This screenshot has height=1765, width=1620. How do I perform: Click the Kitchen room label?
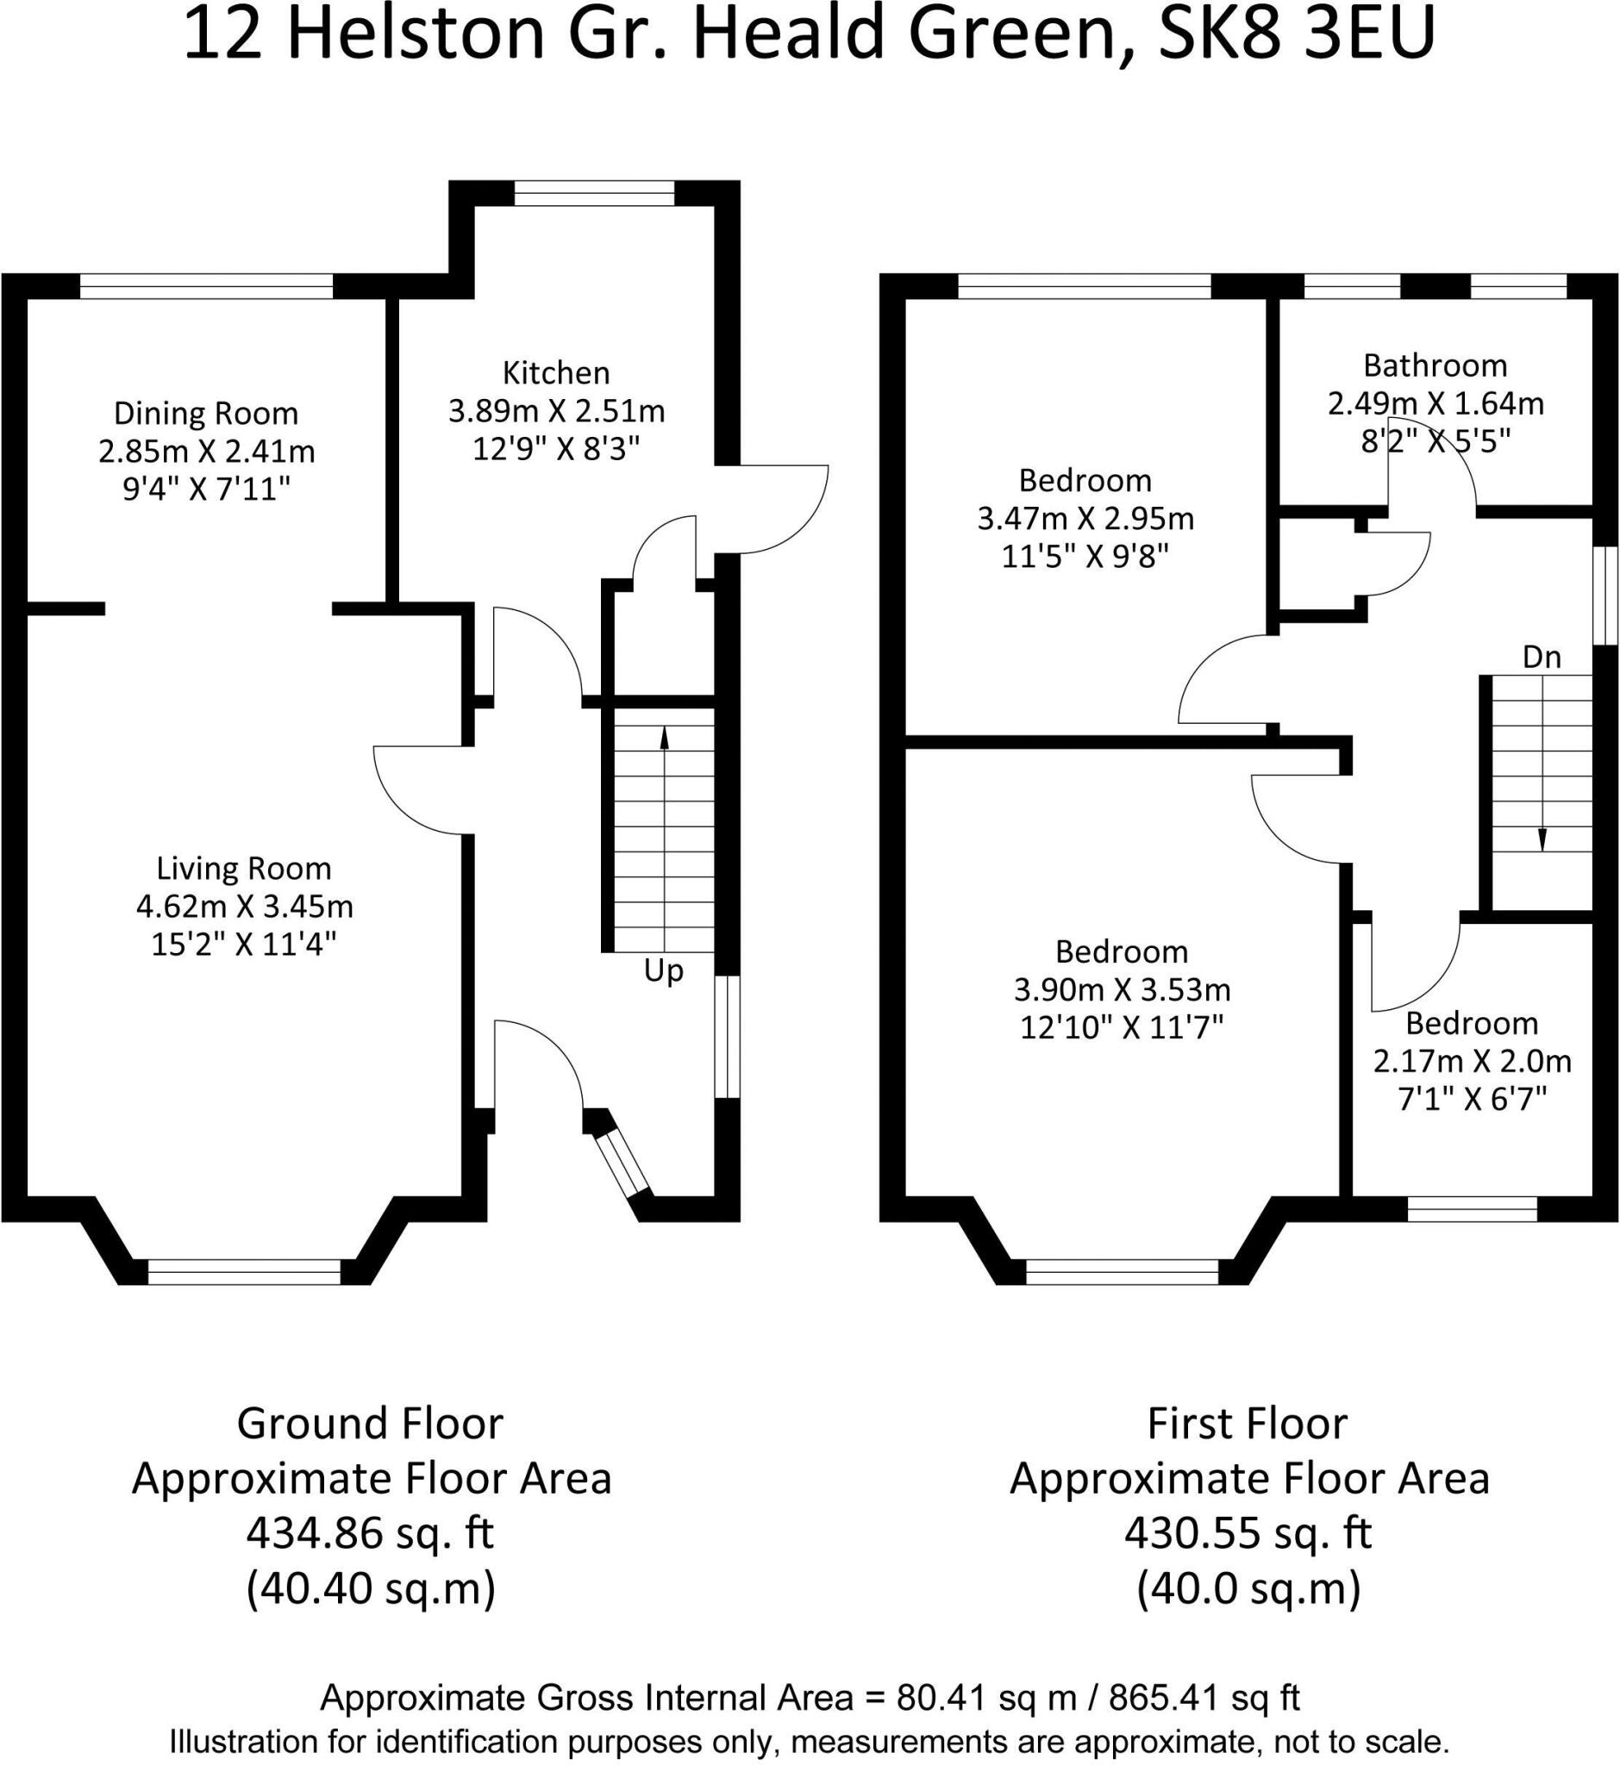click(x=556, y=373)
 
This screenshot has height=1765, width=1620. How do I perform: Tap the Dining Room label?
click(x=206, y=414)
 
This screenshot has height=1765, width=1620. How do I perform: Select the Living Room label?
click(x=244, y=869)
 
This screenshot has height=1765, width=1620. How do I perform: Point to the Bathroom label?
click(x=1435, y=365)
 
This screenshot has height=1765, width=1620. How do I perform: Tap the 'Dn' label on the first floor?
click(x=1542, y=658)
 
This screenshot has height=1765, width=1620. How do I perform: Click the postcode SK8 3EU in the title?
click(x=1298, y=35)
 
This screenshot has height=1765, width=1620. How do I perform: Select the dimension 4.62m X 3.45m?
click(x=245, y=906)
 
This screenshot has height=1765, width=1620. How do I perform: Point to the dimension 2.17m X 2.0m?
click(x=1472, y=1062)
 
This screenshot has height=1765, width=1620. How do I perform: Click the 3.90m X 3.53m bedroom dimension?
click(x=1122, y=990)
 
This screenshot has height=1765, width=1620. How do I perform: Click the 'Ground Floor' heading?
click(x=370, y=1424)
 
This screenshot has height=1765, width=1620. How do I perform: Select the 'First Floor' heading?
click(x=1248, y=1424)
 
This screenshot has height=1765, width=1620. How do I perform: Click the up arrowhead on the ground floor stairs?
click(x=665, y=738)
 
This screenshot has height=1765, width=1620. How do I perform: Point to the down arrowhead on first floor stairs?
click(x=1542, y=839)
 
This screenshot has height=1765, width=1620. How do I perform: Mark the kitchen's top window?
click(x=594, y=193)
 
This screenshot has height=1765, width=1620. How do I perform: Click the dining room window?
click(x=207, y=287)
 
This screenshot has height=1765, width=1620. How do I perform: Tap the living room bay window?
click(x=245, y=1273)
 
